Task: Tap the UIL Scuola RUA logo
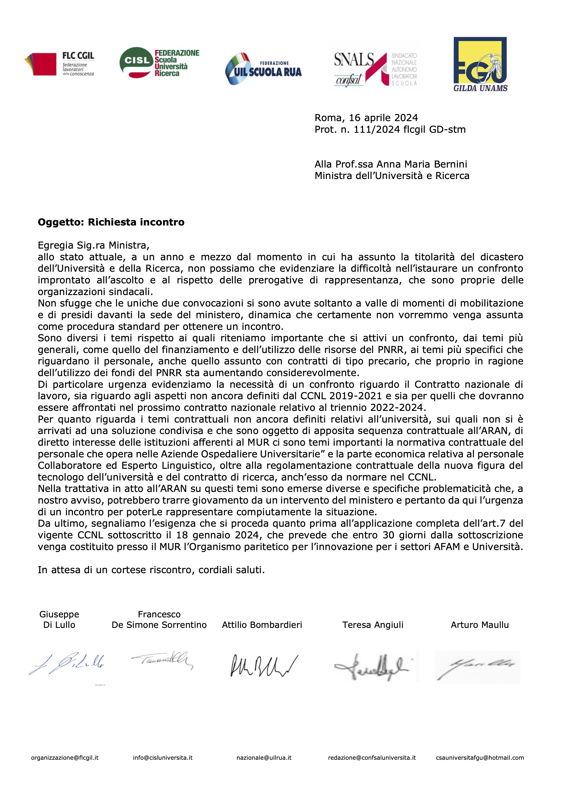tap(263, 69)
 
